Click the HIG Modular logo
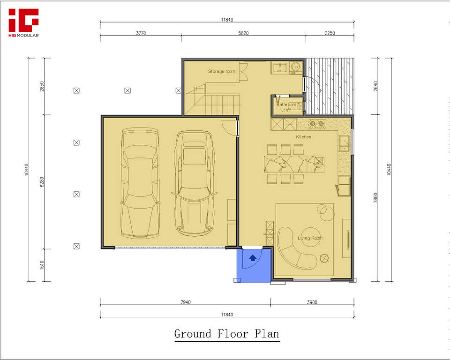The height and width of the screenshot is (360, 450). (x=23, y=23)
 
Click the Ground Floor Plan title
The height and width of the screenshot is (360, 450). (x=227, y=334)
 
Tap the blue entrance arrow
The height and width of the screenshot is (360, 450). (x=253, y=258)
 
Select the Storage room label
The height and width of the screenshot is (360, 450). (x=221, y=71)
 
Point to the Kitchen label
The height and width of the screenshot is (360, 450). (x=303, y=137)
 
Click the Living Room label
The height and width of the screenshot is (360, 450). (x=310, y=238)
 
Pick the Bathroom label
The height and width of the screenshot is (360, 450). (x=286, y=105)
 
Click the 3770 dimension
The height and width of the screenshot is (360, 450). (x=141, y=33)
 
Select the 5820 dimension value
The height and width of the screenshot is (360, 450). (x=243, y=33)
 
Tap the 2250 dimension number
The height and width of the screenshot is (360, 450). (x=330, y=33)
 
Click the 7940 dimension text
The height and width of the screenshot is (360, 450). (x=186, y=302)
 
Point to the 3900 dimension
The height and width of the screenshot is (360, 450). (x=312, y=302)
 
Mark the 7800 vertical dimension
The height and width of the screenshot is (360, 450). (x=375, y=198)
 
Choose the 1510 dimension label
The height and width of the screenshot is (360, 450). (x=42, y=265)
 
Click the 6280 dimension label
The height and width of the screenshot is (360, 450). (x=42, y=182)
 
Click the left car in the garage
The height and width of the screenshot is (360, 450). (x=140, y=183)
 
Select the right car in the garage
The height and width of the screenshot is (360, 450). (x=194, y=183)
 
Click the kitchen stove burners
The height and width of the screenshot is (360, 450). (x=316, y=124)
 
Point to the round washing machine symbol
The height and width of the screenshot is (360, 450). (x=295, y=67)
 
